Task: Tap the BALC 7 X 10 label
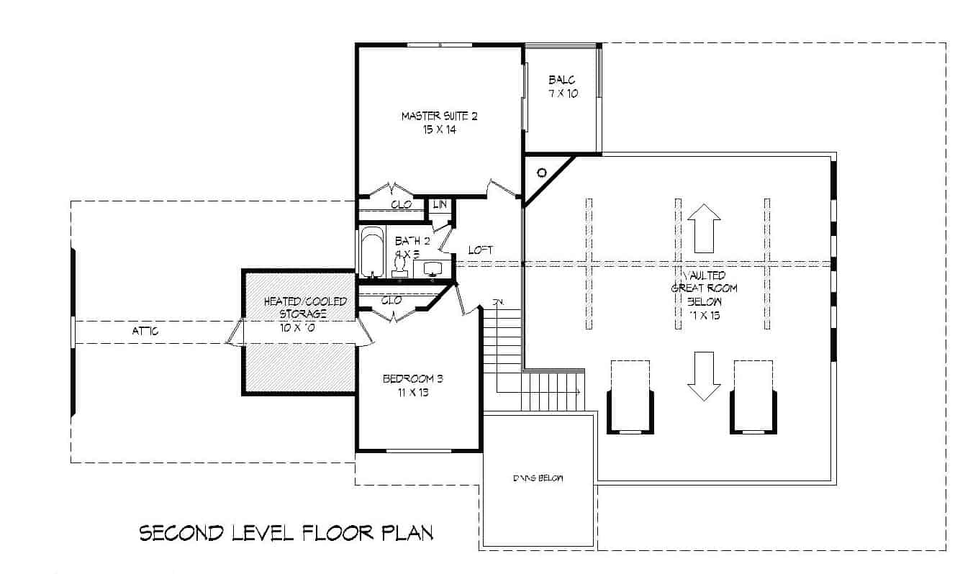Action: (562, 86)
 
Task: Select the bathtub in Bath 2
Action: (372, 252)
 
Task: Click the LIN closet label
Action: (440, 205)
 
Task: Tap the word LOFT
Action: (480, 250)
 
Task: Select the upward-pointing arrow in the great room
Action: (704, 227)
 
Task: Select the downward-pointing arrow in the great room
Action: (704, 375)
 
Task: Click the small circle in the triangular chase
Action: (542, 172)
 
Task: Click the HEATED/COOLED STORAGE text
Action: (305, 307)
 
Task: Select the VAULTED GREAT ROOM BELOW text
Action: (704, 295)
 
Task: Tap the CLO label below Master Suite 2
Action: (401, 205)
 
